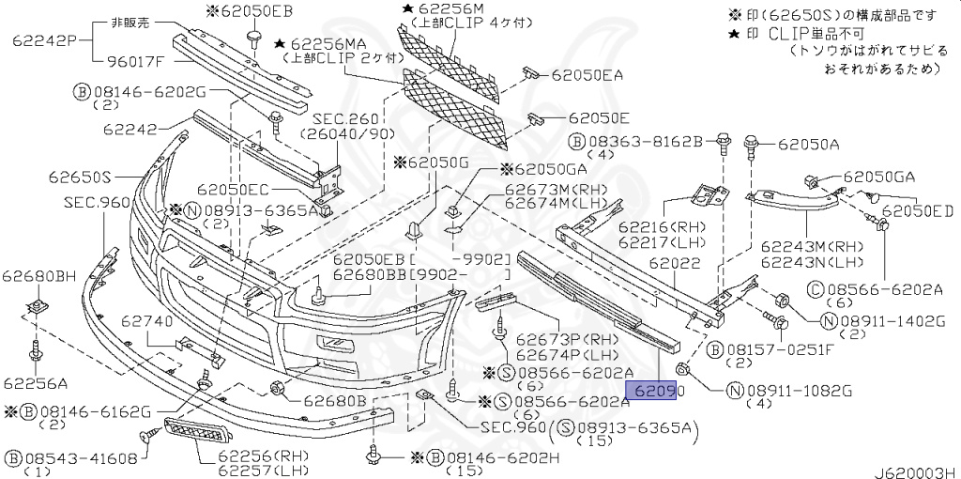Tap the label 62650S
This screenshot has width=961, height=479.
point(81,178)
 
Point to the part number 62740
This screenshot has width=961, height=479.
point(147,320)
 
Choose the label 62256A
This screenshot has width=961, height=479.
point(36,383)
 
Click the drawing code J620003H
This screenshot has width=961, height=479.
point(917,472)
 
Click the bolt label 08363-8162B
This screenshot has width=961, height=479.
point(636,142)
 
